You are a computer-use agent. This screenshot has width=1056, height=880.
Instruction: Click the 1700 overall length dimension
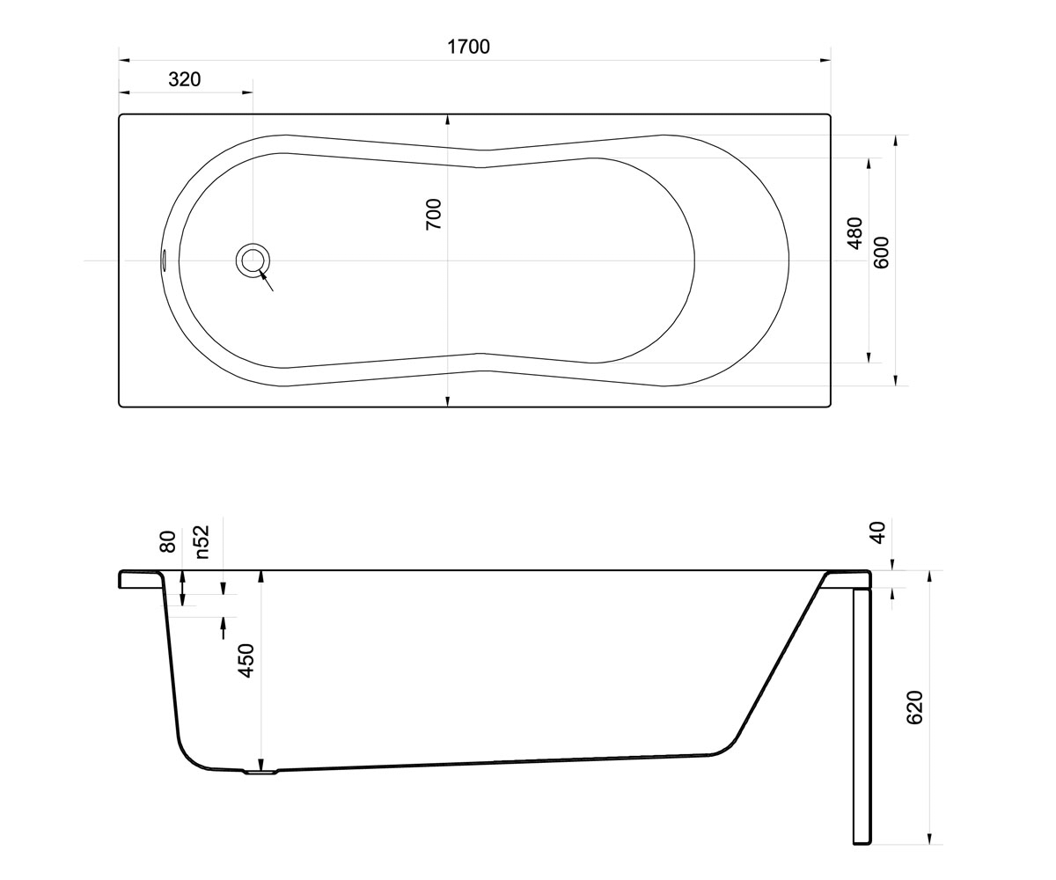pyautogui.click(x=468, y=47)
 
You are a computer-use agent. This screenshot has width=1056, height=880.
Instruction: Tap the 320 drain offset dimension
pyautogui.click(x=185, y=79)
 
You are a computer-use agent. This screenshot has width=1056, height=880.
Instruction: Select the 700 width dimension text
pyautogui.click(x=434, y=215)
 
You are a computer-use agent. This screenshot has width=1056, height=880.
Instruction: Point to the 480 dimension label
pyautogui.click(x=854, y=233)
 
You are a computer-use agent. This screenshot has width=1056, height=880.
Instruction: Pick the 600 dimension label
pyautogui.click(x=881, y=253)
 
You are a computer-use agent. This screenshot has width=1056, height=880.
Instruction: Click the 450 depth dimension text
pyautogui.click(x=246, y=661)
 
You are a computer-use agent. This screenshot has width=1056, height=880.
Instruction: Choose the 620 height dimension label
pyautogui.click(x=914, y=707)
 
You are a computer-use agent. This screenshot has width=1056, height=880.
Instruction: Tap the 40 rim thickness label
pyautogui.click(x=879, y=532)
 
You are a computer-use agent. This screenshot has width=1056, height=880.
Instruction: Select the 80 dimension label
pyautogui.click(x=167, y=541)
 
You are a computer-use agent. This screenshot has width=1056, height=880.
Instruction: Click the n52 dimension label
pyautogui.click(x=202, y=542)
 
